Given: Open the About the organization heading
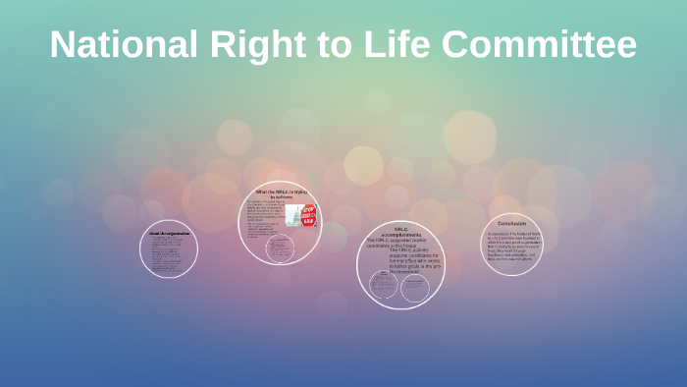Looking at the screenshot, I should [x=168, y=233].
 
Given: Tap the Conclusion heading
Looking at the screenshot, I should [x=511, y=223].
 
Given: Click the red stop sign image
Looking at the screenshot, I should [x=306, y=214].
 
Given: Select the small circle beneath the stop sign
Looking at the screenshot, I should [x=280, y=249].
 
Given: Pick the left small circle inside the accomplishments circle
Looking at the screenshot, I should [x=383, y=286].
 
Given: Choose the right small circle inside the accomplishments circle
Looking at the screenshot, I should [x=415, y=286].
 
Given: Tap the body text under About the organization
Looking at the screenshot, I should [x=168, y=254].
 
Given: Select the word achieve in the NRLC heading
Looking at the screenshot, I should [x=285, y=197].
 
